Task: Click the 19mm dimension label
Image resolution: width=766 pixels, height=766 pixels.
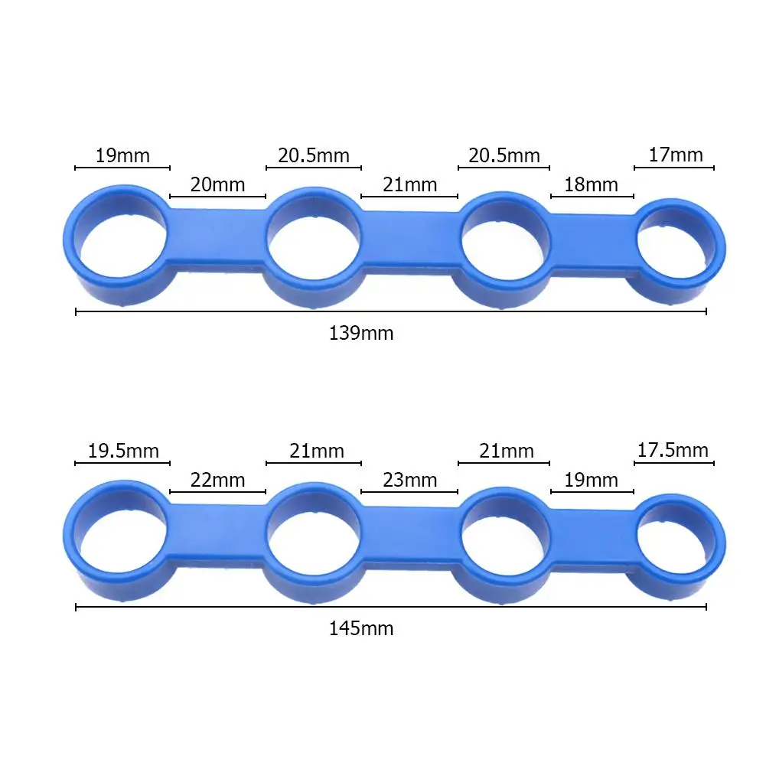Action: coord(122,156)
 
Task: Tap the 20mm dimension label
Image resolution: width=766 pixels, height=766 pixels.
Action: coord(217,184)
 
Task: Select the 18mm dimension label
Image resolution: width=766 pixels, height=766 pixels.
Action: coord(591,184)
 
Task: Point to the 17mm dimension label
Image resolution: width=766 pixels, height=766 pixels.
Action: coord(675,155)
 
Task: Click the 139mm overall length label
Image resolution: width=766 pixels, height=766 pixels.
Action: coord(361,334)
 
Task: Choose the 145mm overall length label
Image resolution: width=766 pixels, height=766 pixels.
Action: coord(361,629)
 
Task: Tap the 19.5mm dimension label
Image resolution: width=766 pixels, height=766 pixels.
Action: coord(123,451)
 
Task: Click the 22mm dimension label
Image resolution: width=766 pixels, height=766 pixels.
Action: coord(217,480)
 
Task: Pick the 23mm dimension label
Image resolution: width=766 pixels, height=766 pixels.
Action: coord(409,480)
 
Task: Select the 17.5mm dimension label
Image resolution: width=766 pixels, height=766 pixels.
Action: coord(673,450)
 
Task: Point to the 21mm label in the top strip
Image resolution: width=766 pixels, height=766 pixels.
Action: coord(409,184)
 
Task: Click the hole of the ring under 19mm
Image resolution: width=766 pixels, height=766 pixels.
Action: coord(122,245)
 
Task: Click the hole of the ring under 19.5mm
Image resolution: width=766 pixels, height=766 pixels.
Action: coord(122,538)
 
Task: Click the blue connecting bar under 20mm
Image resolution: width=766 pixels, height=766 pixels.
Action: coord(217,237)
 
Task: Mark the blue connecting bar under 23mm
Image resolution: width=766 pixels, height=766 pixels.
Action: coord(409,536)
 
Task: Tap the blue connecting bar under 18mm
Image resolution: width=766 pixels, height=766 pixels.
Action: coord(591,243)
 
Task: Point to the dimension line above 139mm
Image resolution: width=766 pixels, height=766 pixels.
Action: coord(390,311)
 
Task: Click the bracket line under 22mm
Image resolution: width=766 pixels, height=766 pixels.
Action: coord(217,492)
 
